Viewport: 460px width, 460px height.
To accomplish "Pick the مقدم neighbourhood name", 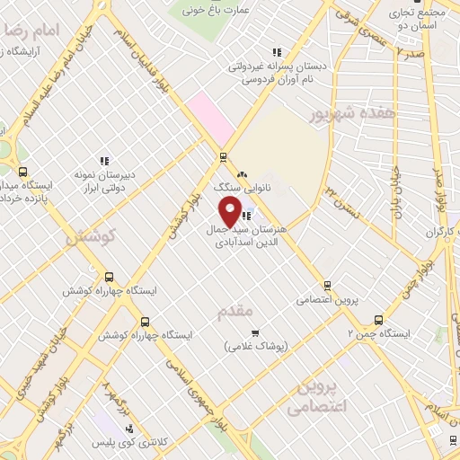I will [x=237, y=310].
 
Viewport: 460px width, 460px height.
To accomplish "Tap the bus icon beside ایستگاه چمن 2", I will [x=378, y=320].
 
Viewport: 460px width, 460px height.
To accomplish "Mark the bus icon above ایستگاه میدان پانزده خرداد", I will [x=22, y=171].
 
